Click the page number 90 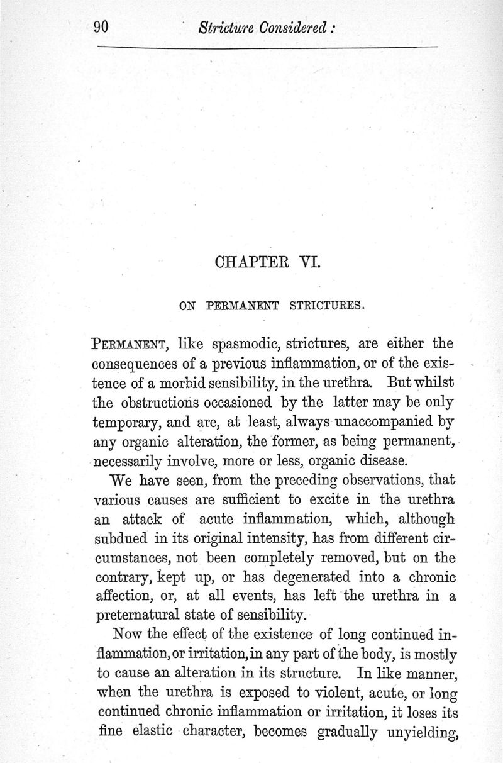pyautogui.click(x=101, y=27)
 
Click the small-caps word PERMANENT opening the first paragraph pyautogui.click(x=130, y=344)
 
